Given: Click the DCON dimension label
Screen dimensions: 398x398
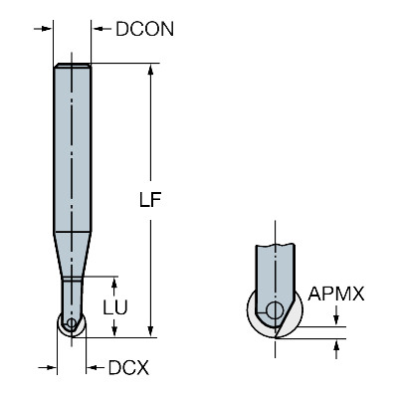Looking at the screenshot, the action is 144,29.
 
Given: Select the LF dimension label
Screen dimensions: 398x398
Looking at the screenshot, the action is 150,200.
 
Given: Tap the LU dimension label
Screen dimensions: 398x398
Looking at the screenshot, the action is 115,307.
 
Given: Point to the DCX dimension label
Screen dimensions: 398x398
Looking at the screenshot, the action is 128,368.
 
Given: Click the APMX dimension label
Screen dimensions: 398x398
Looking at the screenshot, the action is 336,294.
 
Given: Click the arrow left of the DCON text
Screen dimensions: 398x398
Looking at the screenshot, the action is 102,29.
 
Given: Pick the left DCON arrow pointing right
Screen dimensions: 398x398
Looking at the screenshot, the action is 43,29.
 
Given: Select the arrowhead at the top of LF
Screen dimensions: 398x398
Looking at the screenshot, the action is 150,71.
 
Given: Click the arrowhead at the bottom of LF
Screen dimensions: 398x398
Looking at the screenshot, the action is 150,330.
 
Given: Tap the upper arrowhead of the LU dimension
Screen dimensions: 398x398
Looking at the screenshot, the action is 114,284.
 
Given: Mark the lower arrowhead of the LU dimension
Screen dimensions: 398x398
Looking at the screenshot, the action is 114,330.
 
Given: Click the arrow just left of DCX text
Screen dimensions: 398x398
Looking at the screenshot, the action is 96,368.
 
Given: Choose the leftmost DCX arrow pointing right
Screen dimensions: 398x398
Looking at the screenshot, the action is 47,367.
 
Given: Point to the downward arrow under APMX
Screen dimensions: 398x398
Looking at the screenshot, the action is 336,315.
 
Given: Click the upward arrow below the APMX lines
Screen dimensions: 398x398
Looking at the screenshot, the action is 336,349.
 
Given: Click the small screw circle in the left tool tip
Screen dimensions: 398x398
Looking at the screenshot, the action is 71,323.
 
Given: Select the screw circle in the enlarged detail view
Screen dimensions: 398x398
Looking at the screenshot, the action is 275,310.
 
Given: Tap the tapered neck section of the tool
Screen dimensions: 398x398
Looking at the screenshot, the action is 72,255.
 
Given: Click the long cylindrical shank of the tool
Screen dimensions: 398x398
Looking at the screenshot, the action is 73,147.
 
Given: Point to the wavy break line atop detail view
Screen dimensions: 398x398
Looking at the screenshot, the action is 275,245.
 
